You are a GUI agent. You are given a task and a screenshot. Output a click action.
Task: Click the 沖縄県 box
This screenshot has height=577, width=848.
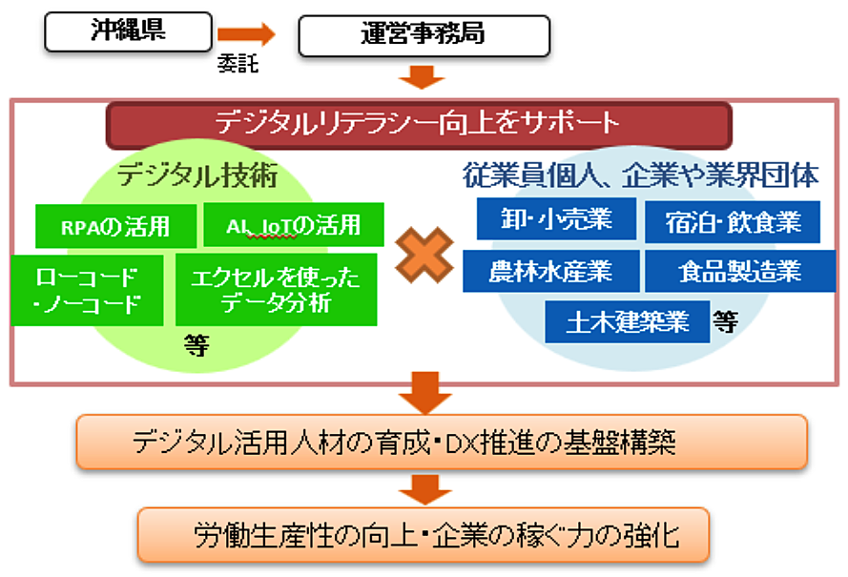pyautogui.click(x=128, y=31)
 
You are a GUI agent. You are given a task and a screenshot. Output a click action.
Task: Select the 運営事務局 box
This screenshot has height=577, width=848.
pyautogui.click(x=424, y=35)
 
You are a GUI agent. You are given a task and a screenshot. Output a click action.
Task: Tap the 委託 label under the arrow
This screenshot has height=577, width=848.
pyautogui.click(x=238, y=64)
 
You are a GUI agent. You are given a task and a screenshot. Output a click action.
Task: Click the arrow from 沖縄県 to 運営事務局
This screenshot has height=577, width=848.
pyautogui.click(x=246, y=34)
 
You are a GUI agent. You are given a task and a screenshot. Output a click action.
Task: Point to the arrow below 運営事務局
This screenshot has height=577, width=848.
pyautogui.click(x=422, y=77)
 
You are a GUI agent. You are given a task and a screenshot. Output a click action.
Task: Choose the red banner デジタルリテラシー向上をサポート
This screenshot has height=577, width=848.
pyautogui.click(x=419, y=124)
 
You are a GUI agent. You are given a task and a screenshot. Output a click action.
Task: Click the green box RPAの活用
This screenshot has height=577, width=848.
pyautogui.click(x=115, y=226)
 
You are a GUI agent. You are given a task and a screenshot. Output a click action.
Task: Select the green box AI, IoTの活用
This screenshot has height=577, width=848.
pyautogui.click(x=294, y=224)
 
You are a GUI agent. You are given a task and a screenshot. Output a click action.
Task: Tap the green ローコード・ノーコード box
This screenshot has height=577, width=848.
pyautogui.click(x=87, y=291)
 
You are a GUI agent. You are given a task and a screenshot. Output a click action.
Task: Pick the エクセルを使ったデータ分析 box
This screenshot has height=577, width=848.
pyautogui.click(x=277, y=290)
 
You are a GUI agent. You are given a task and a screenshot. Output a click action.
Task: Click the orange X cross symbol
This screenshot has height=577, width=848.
pyautogui.click(x=424, y=256)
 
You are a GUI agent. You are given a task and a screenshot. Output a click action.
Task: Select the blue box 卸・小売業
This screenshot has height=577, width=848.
pyautogui.click(x=556, y=219)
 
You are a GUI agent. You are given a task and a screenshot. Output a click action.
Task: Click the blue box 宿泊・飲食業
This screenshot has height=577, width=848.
pyautogui.click(x=733, y=222)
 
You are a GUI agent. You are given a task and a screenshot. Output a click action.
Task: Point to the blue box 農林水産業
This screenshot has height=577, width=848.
pyautogui.click(x=551, y=271)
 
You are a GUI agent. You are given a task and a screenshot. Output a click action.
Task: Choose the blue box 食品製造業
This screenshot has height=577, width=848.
pyautogui.click(x=740, y=271)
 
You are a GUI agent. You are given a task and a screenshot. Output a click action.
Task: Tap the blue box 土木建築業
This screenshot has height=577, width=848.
pyautogui.click(x=628, y=321)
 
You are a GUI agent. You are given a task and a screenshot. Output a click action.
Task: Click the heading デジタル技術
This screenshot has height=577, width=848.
pyautogui.click(x=197, y=175)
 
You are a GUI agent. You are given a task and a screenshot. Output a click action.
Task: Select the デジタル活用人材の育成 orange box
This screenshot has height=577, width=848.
pyautogui.click(x=442, y=442)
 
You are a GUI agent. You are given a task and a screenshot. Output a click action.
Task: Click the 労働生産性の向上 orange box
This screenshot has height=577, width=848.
pyautogui.click(x=424, y=535)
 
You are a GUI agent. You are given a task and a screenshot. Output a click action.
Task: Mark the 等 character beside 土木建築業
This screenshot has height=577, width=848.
pyautogui.click(x=725, y=322)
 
